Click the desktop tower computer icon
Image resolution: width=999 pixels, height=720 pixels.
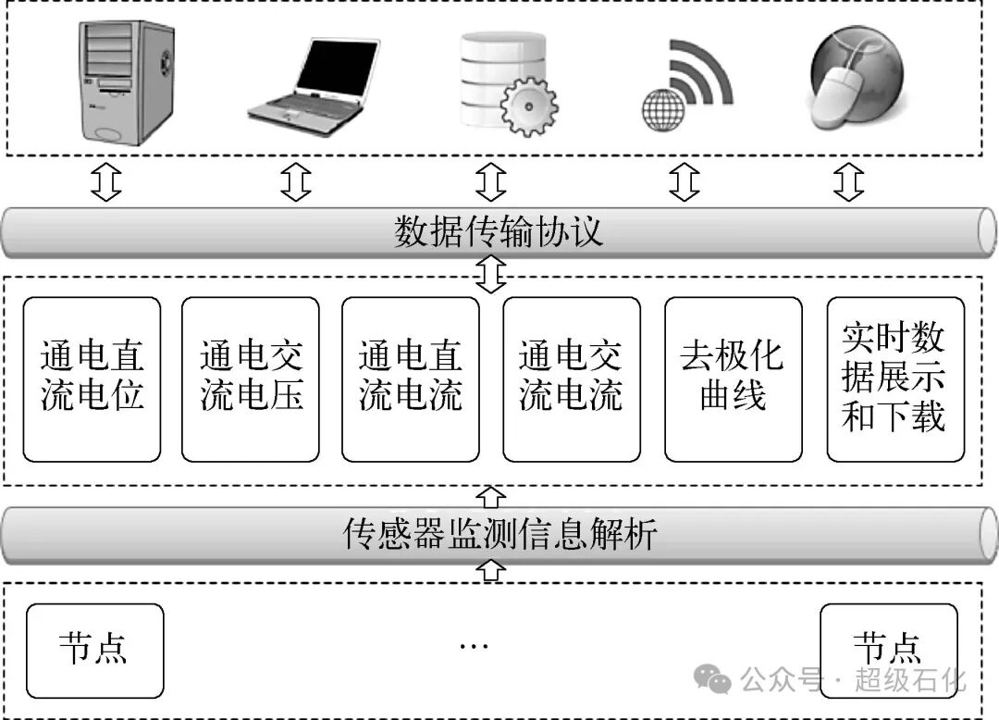(125, 81)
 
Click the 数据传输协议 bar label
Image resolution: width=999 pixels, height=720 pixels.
(499, 231)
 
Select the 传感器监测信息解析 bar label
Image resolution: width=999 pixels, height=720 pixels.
(499, 533)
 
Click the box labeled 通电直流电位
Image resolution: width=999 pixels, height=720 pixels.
(92, 379)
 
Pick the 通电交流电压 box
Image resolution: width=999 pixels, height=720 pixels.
(251, 379)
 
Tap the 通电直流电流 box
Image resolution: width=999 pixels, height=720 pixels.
(411, 379)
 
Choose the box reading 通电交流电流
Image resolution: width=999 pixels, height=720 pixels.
(572, 379)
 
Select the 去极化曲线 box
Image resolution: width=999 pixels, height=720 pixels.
(733, 379)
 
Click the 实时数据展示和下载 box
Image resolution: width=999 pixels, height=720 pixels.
(894, 379)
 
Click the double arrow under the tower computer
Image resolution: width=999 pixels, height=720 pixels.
(106, 182)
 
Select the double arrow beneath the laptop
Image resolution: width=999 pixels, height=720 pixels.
(296, 182)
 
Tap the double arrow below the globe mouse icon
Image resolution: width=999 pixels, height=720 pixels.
(848, 182)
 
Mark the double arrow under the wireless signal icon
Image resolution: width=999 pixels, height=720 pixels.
(684, 182)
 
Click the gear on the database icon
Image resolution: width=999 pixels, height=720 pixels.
(528, 108)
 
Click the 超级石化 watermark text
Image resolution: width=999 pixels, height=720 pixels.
(910, 683)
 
